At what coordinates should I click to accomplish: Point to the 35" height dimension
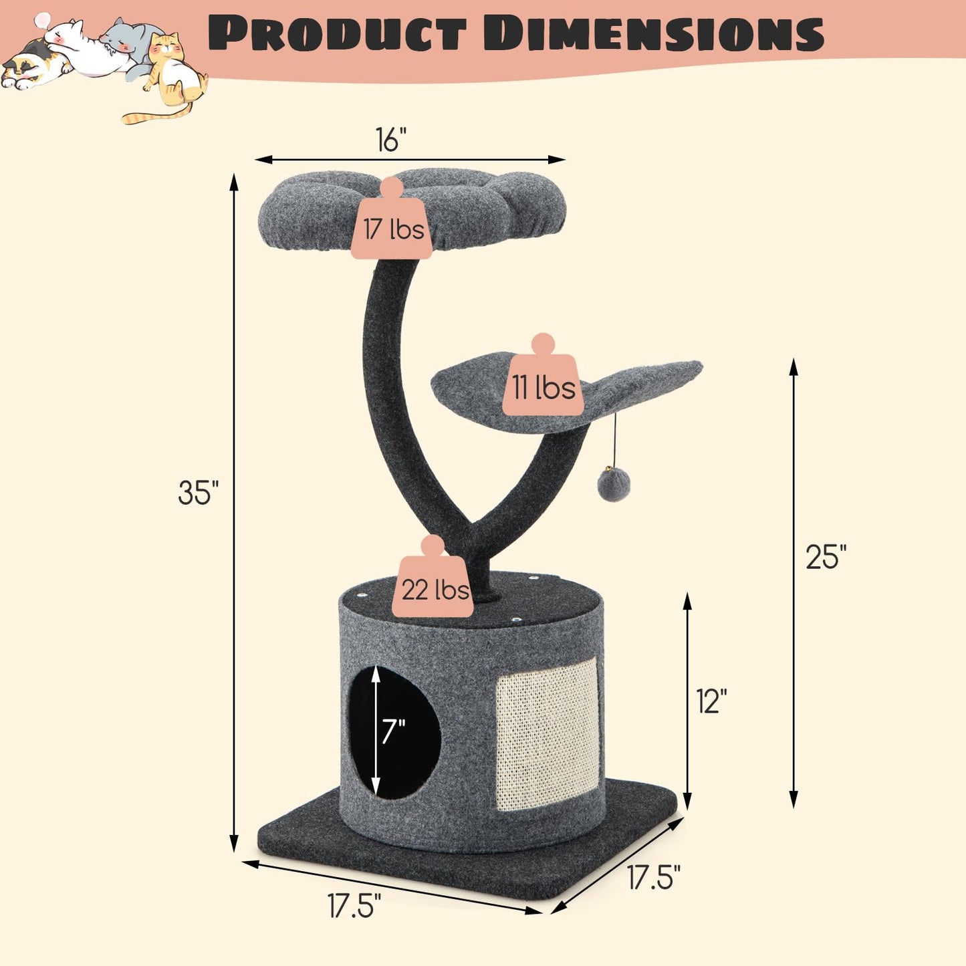(x=199, y=492)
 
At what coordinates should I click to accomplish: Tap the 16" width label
(x=392, y=139)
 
